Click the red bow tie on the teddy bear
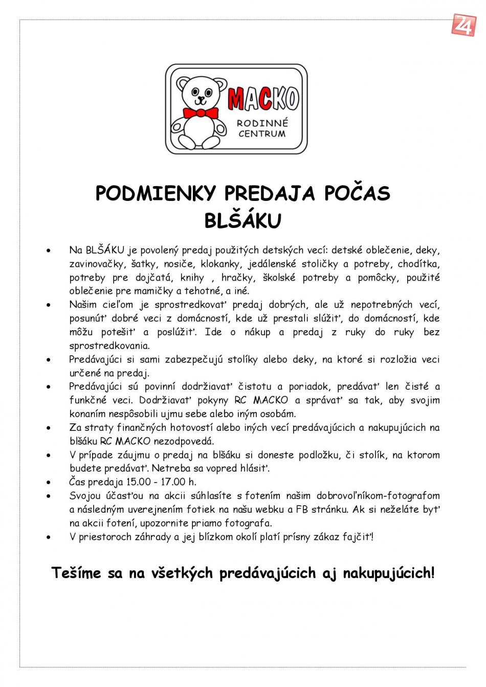tap(201, 112)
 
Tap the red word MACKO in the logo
tap(263, 99)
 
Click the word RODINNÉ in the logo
tap(262, 123)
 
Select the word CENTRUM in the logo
tap(262, 134)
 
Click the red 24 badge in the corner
tap(463, 25)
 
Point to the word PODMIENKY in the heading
tap(156, 193)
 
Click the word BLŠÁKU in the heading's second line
tap(243, 221)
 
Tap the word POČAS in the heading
tap(357, 193)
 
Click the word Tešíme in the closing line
tap(76, 573)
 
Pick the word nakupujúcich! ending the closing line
tap(389, 573)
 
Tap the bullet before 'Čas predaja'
tap(49, 483)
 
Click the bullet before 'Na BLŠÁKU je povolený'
tap(49, 251)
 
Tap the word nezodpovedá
tap(184, 441)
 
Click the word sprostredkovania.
tap(109, 346)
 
